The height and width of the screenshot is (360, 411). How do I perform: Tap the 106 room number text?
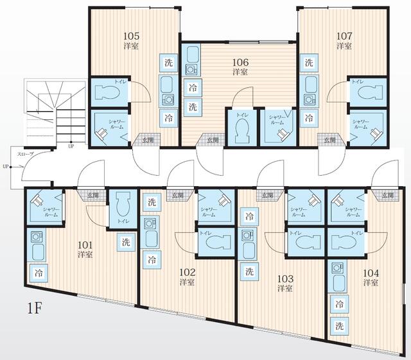coord(240,62)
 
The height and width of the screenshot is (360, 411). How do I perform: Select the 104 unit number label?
coord(370,272)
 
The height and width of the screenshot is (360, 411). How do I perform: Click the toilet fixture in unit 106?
coord(242,130)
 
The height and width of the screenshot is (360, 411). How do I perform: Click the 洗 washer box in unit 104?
coord(339,325)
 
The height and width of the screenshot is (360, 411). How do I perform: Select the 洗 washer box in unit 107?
coord(309,63)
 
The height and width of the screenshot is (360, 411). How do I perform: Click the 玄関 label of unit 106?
coord(212,139)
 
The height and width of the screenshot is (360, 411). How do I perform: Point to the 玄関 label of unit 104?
coord(388,194)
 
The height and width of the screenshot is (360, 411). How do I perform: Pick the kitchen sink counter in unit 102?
coord(151,234)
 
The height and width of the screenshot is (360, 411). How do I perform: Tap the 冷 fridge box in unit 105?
coord(168,117)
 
